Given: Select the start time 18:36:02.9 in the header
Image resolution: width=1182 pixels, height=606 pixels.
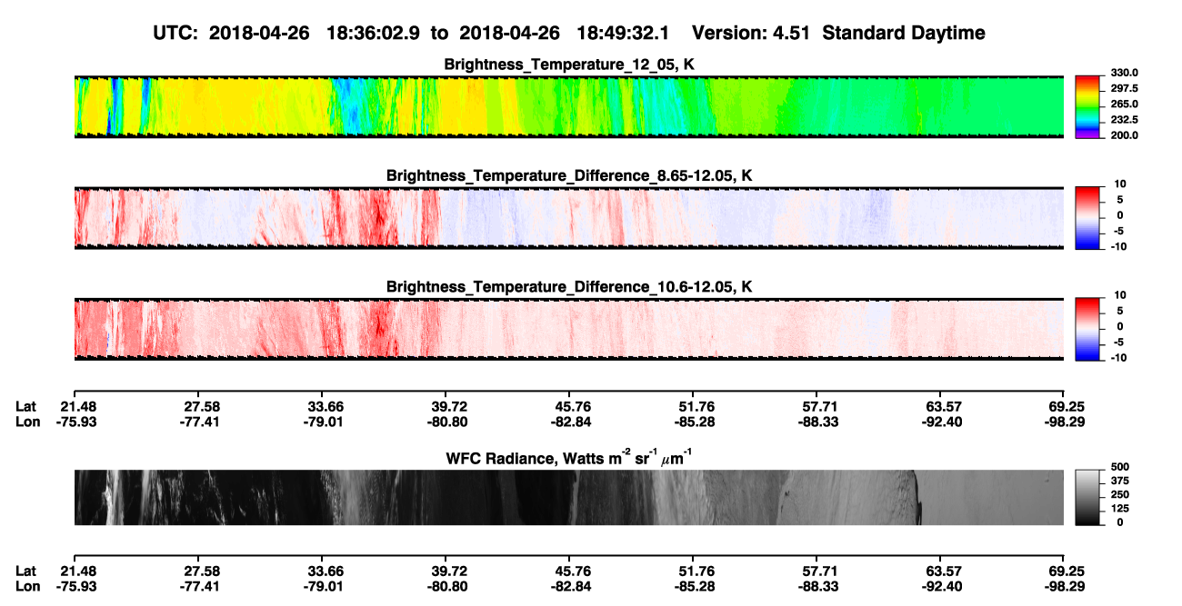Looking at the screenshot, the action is point(373,34).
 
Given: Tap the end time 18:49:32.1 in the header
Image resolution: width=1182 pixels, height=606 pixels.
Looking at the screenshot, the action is point(623,34).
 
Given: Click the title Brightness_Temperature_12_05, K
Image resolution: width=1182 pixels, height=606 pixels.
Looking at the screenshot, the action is point(569,65).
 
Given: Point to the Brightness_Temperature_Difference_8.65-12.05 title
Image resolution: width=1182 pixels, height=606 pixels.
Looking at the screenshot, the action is point(569,175).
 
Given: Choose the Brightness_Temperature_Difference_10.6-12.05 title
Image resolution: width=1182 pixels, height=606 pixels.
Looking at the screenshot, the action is point(569,287).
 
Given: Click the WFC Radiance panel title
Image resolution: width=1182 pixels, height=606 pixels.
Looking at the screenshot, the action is point(569,457).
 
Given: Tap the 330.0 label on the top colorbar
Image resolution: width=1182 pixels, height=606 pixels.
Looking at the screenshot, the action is point(1124,73).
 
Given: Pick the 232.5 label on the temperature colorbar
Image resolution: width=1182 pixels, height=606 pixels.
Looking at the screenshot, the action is point(1124,120).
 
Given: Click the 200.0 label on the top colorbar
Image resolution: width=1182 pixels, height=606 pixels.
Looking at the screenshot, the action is point(1124,135).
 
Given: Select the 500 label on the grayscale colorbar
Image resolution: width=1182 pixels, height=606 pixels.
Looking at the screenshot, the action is point(1120,467).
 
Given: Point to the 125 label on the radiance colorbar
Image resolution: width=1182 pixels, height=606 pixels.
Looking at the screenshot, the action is point(1120,509).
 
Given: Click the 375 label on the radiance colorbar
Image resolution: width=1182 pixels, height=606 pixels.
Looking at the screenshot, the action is point(1120,481).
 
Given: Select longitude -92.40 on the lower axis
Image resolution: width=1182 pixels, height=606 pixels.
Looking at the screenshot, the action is point(942,587).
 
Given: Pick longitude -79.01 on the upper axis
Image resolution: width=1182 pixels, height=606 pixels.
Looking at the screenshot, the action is point(323,422).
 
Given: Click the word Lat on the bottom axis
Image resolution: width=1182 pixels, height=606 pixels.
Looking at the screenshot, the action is point(25,571).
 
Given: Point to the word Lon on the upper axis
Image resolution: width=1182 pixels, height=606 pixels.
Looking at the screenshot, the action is point(27,422).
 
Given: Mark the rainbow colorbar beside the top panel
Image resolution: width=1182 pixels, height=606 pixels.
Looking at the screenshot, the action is point(1087,107).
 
